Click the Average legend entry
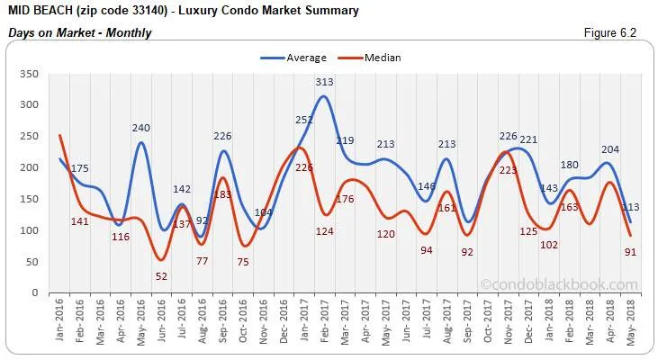[x=293, y=58]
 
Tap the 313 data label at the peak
[x=325, y=82]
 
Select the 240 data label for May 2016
[x=141, y=128]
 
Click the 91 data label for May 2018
[x=630, y=252]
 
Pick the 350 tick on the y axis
[x=31, y=73]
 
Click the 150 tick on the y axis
[x=31, y=199]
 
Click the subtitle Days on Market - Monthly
[x=79, y=32]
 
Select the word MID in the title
[x=20, y=11]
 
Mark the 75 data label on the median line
[x=243, y=262]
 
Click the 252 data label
[x=305, y=121]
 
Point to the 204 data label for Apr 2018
[x=609, y=150]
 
